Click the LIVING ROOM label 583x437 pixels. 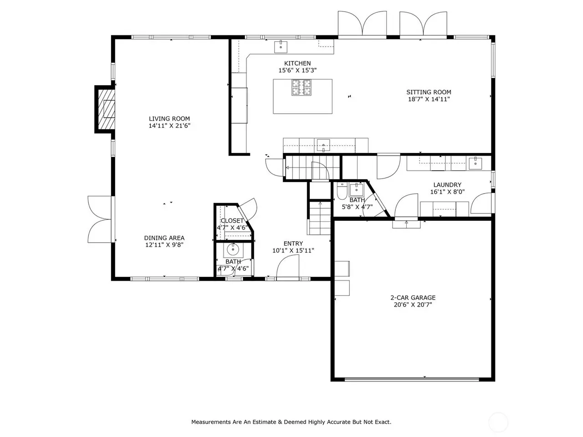(x=169, y=119)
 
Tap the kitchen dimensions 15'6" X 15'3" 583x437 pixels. (x=297, y=70)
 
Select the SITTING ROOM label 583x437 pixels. (x=429, y=92)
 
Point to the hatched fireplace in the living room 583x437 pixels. (x=106, y=109)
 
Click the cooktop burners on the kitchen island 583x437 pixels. (x=301, y=87)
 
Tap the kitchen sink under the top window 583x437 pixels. (x=281, y=47)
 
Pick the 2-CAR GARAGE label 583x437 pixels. (x=413, y=298)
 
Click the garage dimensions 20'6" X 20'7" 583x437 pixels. (x=413, y=305)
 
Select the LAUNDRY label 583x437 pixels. (x=447, y=185)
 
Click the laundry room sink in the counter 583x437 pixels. (x=475, y=163)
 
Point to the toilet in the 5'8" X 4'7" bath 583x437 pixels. (x=342, y=191)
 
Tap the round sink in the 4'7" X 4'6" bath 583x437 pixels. (x=233, y=249)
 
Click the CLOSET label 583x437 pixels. (x=232, y=220)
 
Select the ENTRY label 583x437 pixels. (x=293, y=243)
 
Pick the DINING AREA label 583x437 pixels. (x=164, y=238)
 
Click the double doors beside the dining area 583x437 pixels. (x=100, y=219)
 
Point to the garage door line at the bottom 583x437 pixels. (x=411, y=380)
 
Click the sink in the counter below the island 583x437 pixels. (x=323, y=145)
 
